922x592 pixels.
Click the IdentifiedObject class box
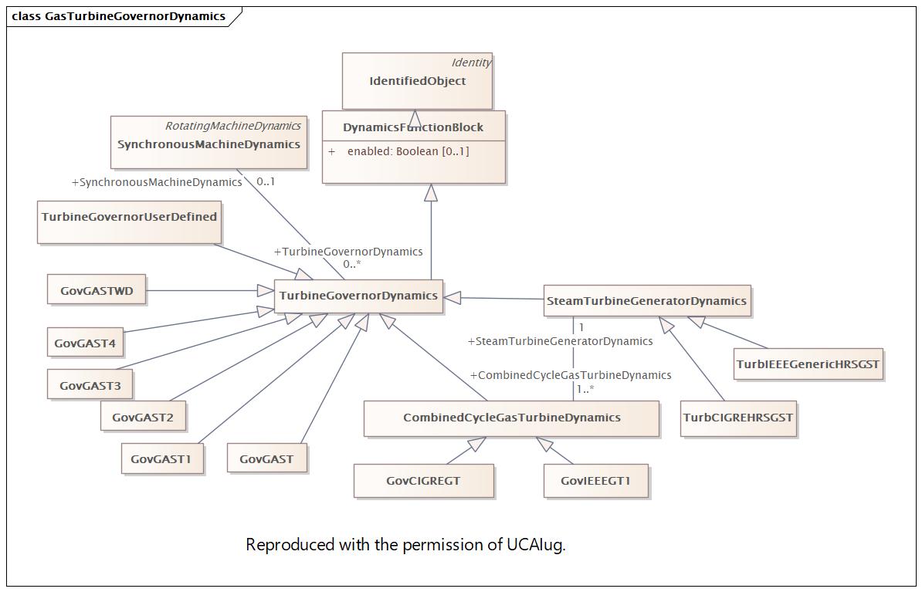(417, 80)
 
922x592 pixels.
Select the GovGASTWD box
(97, 289)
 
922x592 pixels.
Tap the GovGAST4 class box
(85, 342)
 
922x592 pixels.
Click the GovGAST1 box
(162, 458)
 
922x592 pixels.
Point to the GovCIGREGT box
(423, 481)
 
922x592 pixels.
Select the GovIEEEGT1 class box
(595, 481)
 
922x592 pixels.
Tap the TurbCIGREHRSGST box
(738, 418)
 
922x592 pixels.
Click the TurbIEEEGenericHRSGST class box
(808, 364)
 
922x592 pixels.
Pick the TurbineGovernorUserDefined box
(130, 222)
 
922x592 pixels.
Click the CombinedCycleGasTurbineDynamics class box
(511, 418)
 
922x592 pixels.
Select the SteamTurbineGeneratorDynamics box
(647, 300)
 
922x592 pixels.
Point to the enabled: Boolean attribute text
(408, 151)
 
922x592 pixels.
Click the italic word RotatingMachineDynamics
(233, 126)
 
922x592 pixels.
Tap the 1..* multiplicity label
(585, 388)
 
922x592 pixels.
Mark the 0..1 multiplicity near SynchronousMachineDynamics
(266, 181)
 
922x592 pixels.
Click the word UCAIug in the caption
(536, 544)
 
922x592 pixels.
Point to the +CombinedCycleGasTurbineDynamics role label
(571, 375)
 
